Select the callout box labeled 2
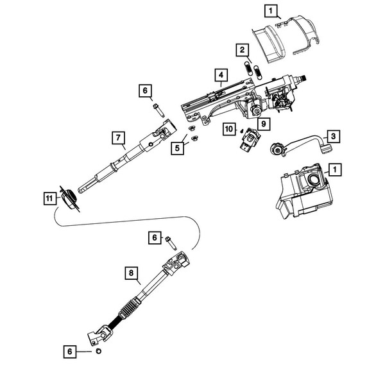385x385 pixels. point(241,49)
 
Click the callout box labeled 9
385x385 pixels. point(264,122)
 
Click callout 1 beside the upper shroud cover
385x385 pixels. point(271,10)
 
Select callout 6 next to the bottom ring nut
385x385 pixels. point(69,351)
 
